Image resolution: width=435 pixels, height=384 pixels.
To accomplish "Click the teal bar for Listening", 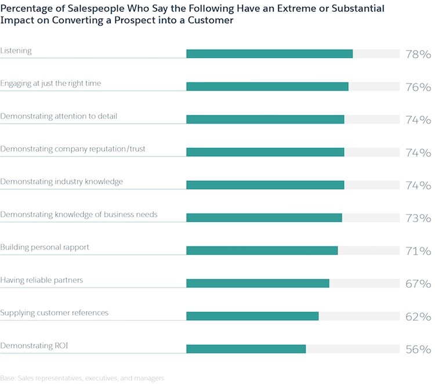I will [269, 54].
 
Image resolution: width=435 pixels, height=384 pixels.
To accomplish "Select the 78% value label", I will [418, 55].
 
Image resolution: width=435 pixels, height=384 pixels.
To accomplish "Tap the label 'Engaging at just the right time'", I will [50, 84].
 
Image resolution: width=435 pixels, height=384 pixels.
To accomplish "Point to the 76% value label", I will [418, 88].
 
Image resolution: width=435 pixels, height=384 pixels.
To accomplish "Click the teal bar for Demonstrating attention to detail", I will [265, 119].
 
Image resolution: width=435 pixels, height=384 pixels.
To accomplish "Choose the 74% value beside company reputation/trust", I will [418, 153].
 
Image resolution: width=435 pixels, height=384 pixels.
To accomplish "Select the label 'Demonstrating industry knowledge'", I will [61, 182].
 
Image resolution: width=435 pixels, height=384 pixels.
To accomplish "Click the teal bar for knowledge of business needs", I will [264, 218].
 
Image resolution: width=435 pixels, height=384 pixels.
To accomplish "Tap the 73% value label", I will [418, 219].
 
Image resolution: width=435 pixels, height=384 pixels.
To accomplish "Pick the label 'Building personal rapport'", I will [45, 247].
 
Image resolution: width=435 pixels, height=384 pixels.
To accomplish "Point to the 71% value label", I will [418, 251].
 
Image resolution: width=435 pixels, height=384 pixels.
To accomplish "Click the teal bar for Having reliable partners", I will [258, 283].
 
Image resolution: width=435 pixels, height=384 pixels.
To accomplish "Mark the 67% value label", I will [418, 284].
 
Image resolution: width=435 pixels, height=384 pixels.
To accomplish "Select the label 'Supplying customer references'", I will [55, 313].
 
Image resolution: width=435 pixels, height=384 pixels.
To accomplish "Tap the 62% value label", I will [418, 317].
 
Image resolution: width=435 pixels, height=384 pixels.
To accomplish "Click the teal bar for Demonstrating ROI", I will [246, 349].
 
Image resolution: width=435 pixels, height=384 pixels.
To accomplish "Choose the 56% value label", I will [418, 350].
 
